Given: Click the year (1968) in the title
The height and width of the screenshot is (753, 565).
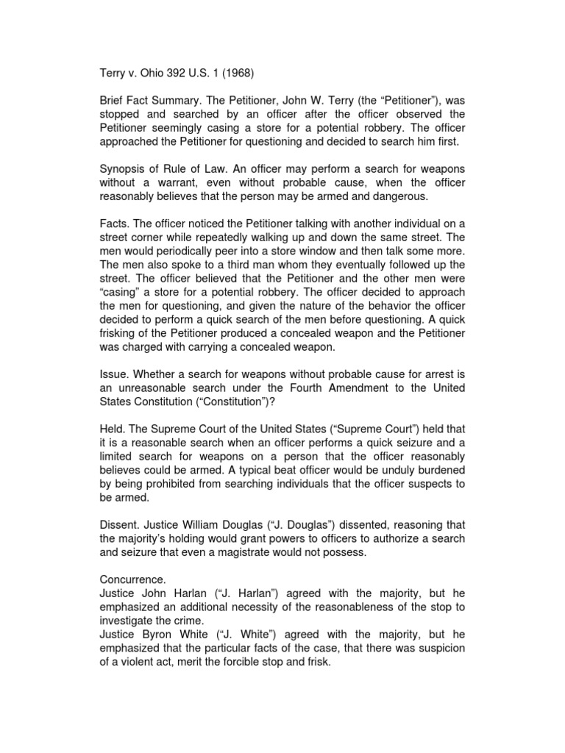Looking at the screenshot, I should click(x=239, y=74).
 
